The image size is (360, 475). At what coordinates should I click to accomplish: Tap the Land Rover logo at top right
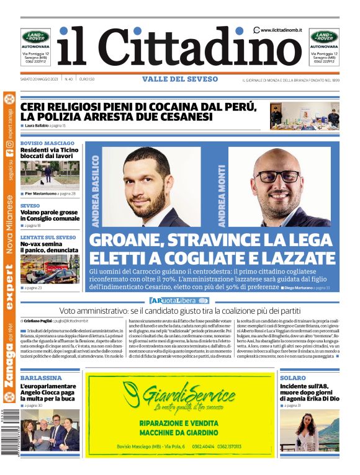(324, 37)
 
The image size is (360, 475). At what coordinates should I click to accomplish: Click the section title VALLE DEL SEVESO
(180, 79)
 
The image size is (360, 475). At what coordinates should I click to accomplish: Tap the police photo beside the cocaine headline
(305, 115)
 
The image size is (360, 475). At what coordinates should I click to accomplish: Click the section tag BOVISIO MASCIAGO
(47, 143)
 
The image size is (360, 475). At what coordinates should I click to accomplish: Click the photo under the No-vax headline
(50, 269)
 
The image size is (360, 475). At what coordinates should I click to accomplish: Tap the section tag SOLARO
(292, 377)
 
